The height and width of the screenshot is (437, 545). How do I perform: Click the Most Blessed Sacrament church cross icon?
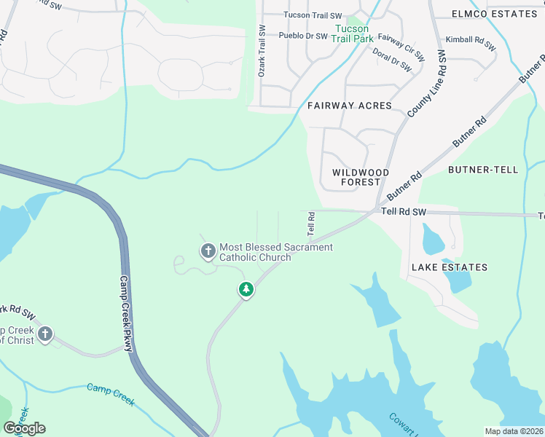click(208, 252)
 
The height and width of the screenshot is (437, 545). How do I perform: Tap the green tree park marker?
click(246, 290)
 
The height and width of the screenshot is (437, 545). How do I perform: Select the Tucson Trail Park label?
click(353, 34)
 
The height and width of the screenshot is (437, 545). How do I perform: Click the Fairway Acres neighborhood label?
click(349, 106)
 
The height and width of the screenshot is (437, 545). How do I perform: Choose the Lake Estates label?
click(450, 267)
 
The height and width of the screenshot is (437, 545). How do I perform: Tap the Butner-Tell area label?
click(483, 170)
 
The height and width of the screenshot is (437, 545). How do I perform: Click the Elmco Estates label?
click(494, 14)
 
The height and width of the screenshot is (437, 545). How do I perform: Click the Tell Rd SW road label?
click(403, 211)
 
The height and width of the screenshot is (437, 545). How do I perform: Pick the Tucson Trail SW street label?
click(313, 15)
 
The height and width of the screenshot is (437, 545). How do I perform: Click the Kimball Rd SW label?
click(471, 43)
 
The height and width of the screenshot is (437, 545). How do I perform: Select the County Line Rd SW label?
click(427, 82)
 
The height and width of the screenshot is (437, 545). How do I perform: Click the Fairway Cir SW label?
click(401, 47)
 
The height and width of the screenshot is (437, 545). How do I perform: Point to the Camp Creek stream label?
click(111, 393)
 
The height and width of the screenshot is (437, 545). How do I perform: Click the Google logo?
click(24, 428)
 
